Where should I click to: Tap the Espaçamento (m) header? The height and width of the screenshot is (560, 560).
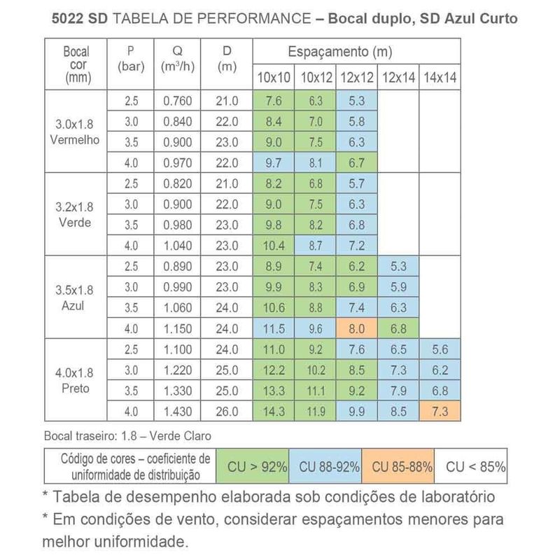(339, 52)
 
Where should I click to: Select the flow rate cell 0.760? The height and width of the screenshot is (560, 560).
(177, 100)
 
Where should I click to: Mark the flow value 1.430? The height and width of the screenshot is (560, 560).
(177, 410)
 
